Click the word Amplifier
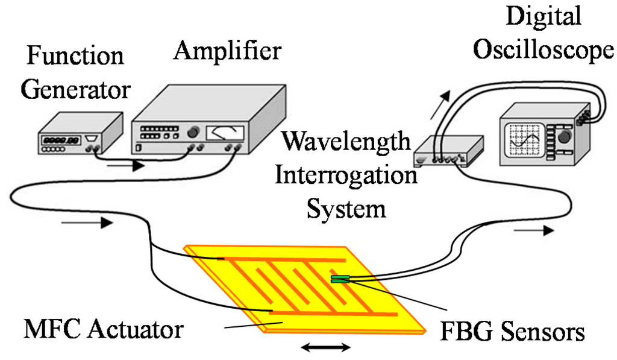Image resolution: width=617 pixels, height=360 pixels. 227,51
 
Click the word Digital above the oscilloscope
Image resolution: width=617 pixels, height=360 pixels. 543,16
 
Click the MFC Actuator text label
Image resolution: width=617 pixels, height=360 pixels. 102,330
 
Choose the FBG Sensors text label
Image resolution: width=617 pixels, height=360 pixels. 512,331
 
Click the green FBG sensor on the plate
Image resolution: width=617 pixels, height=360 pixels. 339,279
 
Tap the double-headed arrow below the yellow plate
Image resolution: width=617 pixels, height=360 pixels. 325,347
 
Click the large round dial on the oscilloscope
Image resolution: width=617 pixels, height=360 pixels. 565,137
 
